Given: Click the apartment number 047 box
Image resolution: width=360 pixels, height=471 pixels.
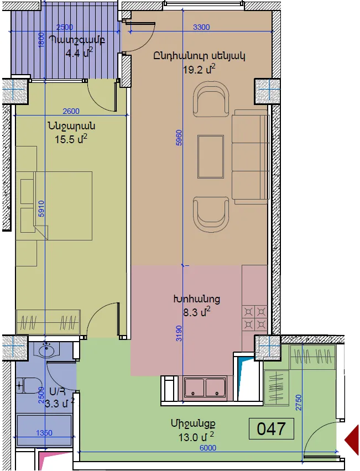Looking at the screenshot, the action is (x=271, y=428).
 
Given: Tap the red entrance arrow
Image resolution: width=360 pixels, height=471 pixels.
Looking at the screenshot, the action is (x=352, y=441).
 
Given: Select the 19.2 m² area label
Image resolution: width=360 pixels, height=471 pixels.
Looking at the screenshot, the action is (x=199, y=70).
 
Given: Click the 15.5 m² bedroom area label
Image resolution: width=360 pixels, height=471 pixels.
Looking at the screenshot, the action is (x=71, y=139).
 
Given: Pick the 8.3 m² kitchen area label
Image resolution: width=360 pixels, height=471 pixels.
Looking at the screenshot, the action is (x=196, y=312).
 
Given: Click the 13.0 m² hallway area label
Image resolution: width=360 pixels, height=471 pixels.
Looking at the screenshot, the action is (x=196, y=437).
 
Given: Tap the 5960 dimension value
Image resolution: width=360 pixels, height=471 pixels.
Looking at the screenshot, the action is (x=179, y=138).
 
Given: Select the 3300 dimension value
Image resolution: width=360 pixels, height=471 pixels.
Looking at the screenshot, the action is (x=201, y=27).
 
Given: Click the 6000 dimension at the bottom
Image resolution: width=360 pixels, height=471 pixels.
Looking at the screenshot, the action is (x=208, y=448).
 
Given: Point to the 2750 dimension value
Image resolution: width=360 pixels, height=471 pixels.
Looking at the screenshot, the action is (x=298, y=402).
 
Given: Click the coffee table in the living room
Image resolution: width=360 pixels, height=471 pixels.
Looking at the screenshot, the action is (x=211, y=156).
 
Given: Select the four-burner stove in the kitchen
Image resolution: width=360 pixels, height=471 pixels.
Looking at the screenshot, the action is (x=254, y=318).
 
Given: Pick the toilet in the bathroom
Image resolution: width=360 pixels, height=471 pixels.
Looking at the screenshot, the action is (x=29, y=386).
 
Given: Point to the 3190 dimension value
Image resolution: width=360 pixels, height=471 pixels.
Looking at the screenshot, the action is (x=179, y=333).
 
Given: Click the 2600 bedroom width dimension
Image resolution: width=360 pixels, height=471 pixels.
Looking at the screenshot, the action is (x=71, y=111).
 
